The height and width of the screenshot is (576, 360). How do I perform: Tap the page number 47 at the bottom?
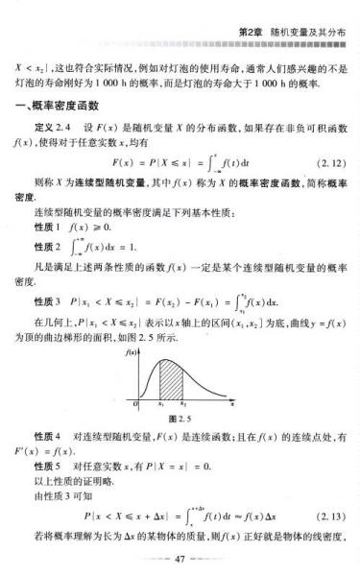tap(180, 558)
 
